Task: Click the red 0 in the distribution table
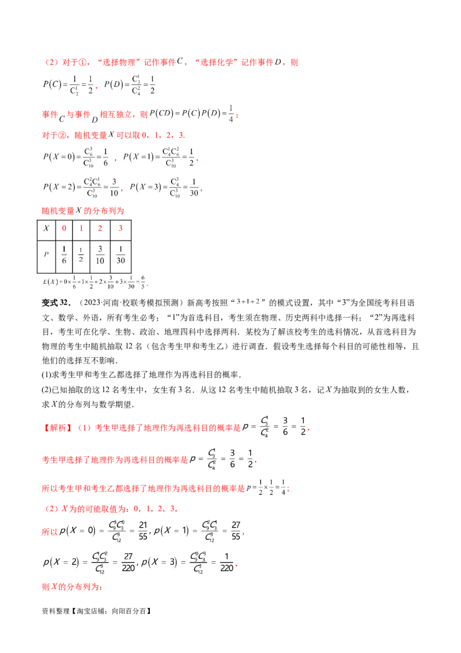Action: pyautogui.click(x=64, y=230)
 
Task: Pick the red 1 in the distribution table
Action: pyautogui.click(x=82, y=230)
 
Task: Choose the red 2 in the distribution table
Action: pyautogui.click(x=101, y=230)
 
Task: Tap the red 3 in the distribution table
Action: pyautogui.click(x=120, y=230)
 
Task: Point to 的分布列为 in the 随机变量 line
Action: pyautogui.click(x=107, y=211)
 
